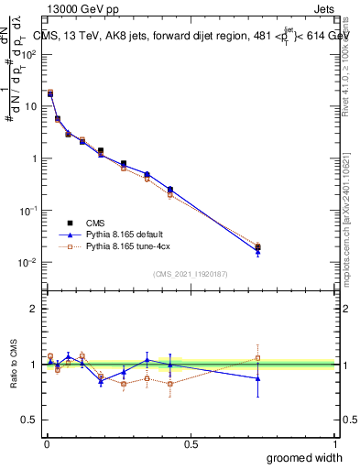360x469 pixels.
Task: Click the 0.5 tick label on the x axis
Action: click(191, 443)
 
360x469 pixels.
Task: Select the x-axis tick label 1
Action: click(335, 443)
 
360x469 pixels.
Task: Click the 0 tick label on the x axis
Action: click(46, 443)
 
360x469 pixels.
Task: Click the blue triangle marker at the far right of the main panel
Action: click(258, 251)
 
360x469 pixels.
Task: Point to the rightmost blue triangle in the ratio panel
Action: click(258, 378)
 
